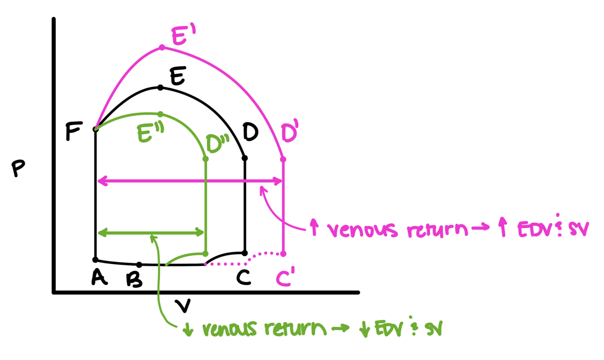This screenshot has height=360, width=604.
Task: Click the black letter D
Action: (x=250, y=132)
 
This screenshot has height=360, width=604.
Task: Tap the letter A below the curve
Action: (x=99, y=277)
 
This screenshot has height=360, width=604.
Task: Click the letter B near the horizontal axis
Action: (x=134, y=280)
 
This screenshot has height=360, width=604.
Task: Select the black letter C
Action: (x=244, y=277)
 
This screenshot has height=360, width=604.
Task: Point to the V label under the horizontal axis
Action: (x=182, y=306)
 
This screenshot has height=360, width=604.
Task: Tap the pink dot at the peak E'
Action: (x=162, y=47)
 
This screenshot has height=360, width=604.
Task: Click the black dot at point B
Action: (x=139, y=264)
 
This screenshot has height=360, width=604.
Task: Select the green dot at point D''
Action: (x=206, y=159)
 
